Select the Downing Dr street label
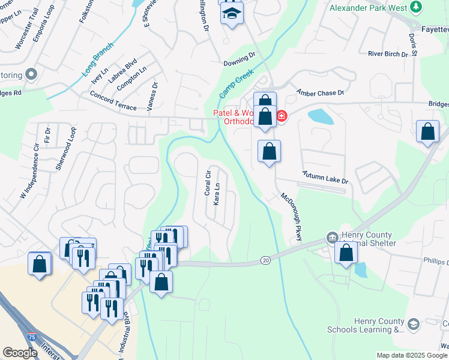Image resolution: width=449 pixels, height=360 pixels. pyautogui.click(x=239, y=60)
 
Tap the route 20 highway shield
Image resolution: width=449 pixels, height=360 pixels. pyautogui.click(x=265, y=260)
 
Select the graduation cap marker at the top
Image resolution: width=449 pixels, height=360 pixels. pyautogui.click(x=231, y=13)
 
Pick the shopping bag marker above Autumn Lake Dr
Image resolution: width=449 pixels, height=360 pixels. pyautogui.click(x=270, y=151)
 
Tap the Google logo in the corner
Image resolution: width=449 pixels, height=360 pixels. pyautogui.click(x=20, y=353)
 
